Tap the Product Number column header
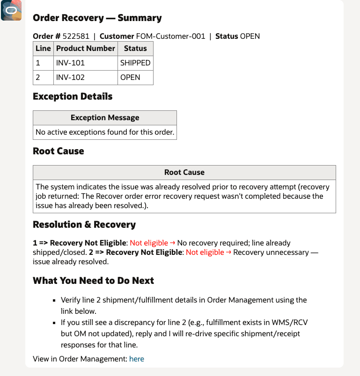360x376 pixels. click(85, 49)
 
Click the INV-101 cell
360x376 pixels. click(70, 63)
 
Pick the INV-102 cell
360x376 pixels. click(70, 77)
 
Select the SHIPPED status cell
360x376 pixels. click(135, 63)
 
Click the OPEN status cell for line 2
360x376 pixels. click(130, 77)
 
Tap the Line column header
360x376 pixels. click(43, 49)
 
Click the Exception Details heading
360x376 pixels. click(73, 97)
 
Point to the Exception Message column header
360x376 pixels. click(105, 117)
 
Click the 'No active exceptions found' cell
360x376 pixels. click(105, 132)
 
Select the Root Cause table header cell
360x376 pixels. click(184, 172)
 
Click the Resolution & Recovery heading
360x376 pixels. click(84, 224)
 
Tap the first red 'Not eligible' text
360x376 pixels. click(149, 243)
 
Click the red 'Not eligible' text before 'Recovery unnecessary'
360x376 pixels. click(205, 253)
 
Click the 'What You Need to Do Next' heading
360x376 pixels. click(93, 281)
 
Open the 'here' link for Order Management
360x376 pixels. click(137, 359)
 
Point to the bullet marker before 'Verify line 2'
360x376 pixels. click(55, 300)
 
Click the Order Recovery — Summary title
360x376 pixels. click(97, 18)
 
